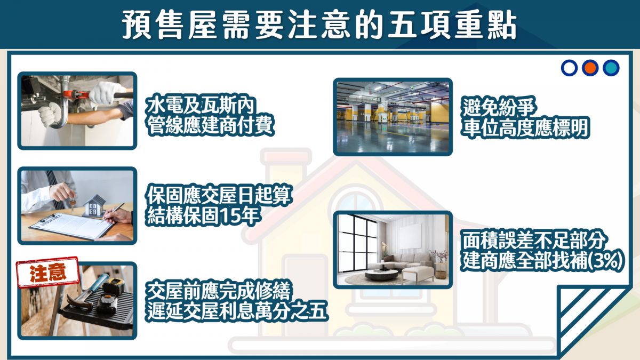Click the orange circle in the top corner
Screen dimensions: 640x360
(590, 68)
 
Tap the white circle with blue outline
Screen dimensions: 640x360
(569, 68)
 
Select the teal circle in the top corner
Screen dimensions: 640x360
(611, 68)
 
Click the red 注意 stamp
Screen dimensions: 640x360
(47, 271)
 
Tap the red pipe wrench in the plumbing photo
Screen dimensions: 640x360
(86, 95)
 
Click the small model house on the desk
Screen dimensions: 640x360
(94, 206)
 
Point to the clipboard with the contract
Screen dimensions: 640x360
(71, 226)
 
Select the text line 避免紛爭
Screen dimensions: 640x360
(499, 107)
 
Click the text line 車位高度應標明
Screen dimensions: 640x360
(526, 127)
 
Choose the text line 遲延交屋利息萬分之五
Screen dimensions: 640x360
(237, 311)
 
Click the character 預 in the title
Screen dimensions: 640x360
(137, 25)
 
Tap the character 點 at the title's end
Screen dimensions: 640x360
(502, 25)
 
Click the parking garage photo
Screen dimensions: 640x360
(393, 117)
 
